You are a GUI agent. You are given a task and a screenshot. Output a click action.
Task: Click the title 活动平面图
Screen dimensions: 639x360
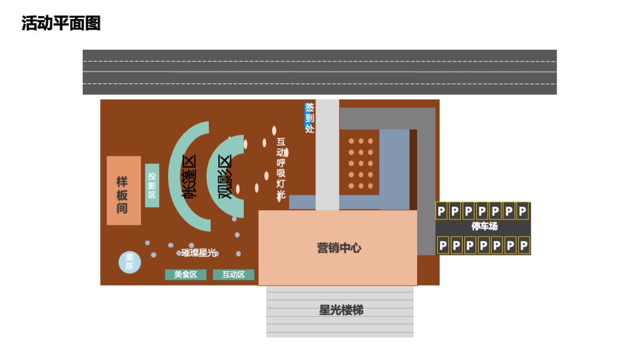click(61, 24)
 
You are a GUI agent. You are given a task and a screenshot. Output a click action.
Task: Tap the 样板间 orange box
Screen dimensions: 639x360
click(124, 191)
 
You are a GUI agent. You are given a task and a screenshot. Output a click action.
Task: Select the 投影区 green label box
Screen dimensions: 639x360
click(152, 185)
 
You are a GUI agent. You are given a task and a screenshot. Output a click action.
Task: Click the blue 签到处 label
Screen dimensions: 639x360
click(309, 117)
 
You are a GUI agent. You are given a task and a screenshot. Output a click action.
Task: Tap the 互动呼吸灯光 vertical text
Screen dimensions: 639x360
click(281, 169)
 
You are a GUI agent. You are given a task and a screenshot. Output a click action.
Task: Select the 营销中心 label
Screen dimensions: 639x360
click(339, 248)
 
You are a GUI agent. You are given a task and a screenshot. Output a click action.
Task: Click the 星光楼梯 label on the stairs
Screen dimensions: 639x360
click(341, 310)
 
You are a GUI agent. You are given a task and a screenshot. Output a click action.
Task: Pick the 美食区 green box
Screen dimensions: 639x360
click(186, 275)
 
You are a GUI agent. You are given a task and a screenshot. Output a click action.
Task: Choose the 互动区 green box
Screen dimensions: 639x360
click(233, 275)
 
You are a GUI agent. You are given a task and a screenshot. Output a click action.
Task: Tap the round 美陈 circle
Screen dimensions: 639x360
click(130, 262)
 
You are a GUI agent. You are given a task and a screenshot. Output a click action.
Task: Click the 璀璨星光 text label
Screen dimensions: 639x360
click(199, 253)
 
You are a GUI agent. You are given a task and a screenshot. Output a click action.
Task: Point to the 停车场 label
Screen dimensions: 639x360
click(484, 227)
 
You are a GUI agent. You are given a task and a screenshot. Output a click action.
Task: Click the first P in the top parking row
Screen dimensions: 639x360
click(441, 211)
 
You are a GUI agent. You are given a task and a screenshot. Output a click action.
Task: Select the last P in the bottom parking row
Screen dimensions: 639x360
click(523, 245)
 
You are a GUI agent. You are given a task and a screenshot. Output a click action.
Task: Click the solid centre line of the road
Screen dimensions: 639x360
click(319, 72)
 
